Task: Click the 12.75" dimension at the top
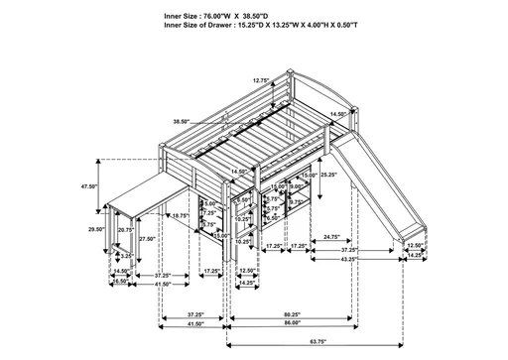click(x=260, y=81)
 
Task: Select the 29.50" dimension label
click(x=96, y=229)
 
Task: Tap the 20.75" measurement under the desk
click(x=126, y=229)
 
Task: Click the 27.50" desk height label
click(x=148, y=238)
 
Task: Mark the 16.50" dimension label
click(x=121, y=282)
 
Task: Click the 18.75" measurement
click(x=180, y=215)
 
